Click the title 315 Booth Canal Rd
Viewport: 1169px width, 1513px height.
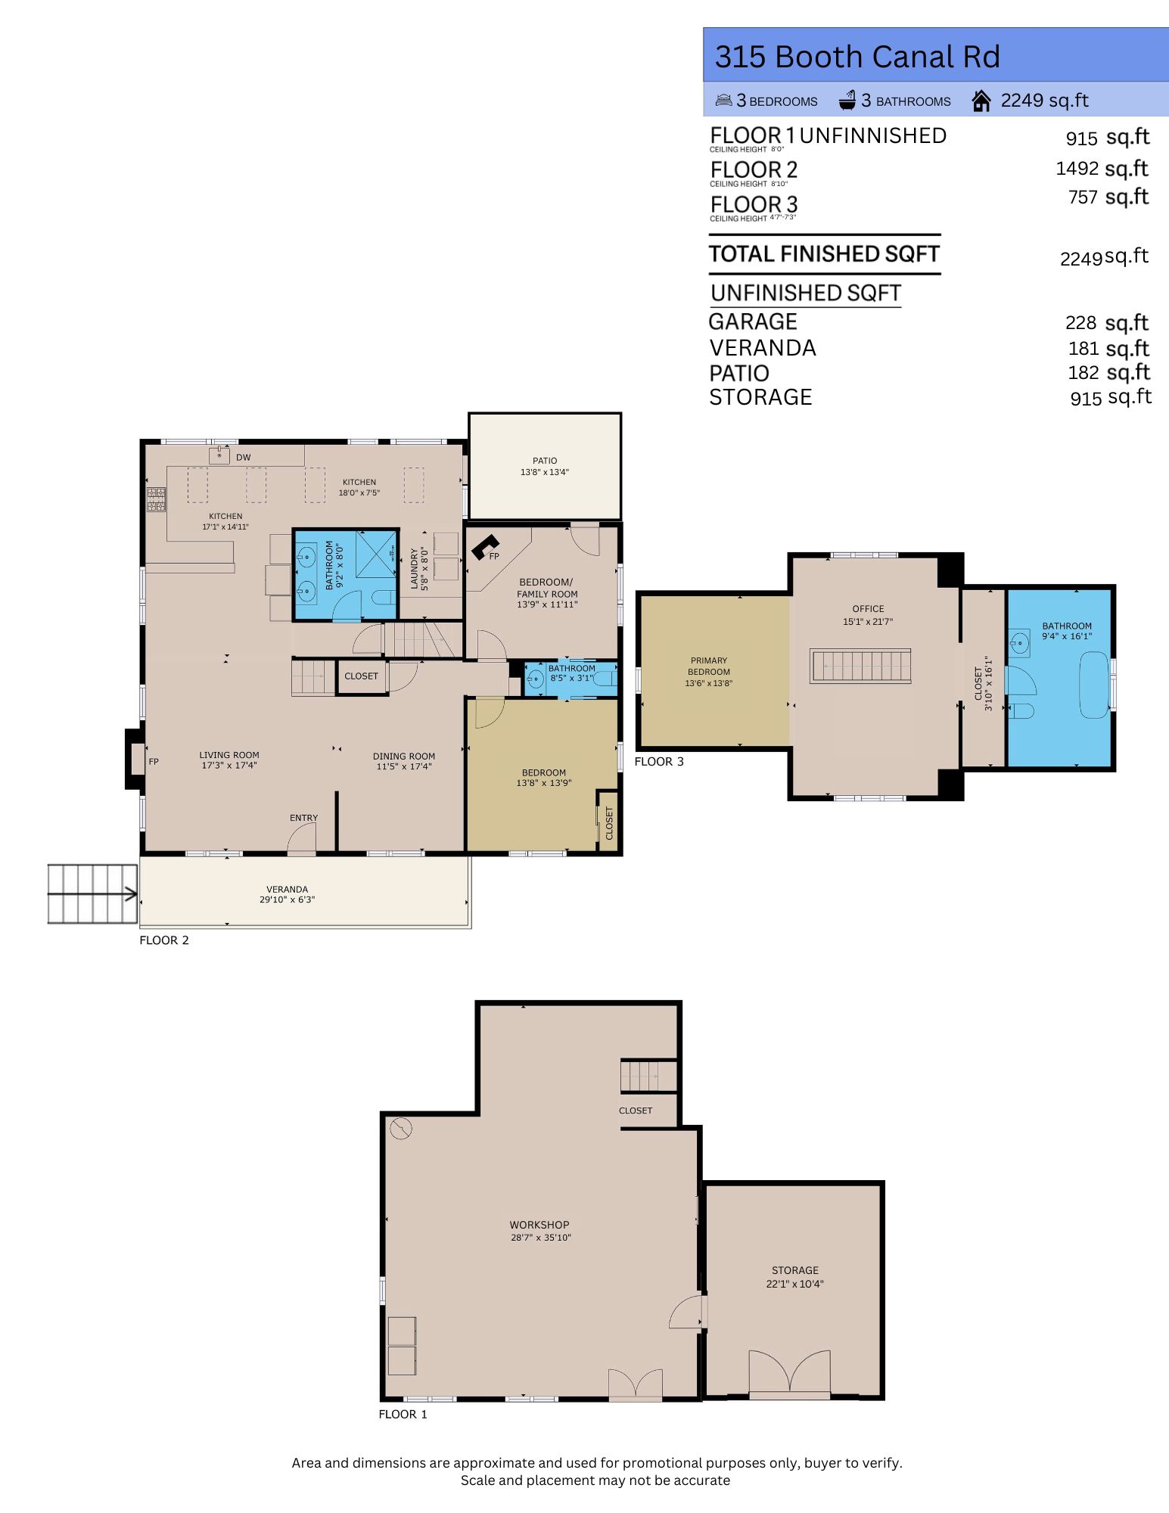pos(857,57)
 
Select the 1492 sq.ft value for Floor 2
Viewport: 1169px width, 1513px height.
pos(1102,168)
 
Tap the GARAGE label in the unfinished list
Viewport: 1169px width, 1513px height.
pos(753,322)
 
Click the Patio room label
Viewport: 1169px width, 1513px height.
pos(544,466)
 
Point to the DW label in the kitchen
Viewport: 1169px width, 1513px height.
pos(243,458)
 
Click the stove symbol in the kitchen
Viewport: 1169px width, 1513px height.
pos(156,499)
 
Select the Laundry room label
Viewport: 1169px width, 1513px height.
pos(418,569)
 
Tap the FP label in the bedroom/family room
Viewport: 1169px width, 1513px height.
pos(494,556)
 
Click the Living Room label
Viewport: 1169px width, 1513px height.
pos(229,760)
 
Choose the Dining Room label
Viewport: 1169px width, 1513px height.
pos(403,760)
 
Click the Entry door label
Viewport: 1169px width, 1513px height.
pos(303,818)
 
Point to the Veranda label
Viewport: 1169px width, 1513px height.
pos(287,894)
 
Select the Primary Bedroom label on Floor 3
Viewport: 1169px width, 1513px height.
pos(708,671)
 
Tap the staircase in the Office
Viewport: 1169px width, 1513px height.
pos(860,666)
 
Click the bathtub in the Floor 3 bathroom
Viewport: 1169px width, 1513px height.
pos(1093,685)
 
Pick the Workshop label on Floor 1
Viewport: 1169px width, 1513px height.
pos(539,1230)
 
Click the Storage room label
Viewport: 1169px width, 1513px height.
pos(794,1276)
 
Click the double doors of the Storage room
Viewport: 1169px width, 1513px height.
pos(789,1372)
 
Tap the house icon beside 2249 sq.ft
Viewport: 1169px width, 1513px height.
pos(981,101)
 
